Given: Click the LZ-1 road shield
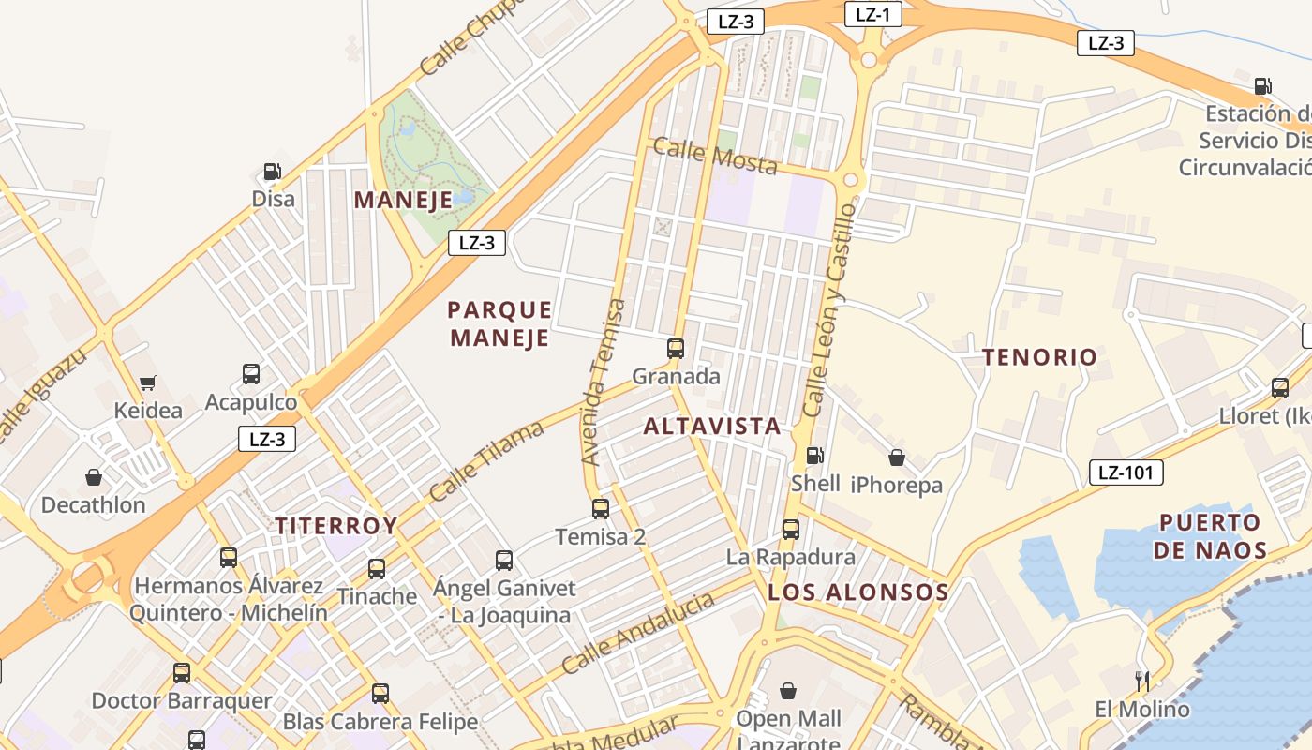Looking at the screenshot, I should pyautogui.click(x=872, y=14).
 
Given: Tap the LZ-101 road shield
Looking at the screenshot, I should pyautogui.click(x=1126, y=472).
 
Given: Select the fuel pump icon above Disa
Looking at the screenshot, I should pyautogui.click(x=272, y=172).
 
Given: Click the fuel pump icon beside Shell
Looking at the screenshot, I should pyautogui.click(x=814, y=456).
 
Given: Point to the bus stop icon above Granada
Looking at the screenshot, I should pyautogui.click(x=675, y=349).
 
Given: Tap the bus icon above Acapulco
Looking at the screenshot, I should pyautogui.click(x=251, y=374).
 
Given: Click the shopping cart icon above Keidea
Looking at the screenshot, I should pyautogui.click(x=147, y=382).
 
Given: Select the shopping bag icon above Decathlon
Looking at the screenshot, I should pyautogui.click(x=94, y=477).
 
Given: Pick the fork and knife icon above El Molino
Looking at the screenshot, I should pyautogui.click(x=1141, y=681).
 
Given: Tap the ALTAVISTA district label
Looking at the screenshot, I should pyautogui.click(x=712, y=427).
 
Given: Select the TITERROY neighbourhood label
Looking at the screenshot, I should pyautogui.click(x=335, y=526).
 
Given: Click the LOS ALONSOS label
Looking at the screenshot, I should pyautogui.click(x=857, y=592).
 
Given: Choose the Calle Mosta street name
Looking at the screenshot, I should pyautogui.click(x=715, y=156).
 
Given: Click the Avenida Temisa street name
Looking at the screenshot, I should pyautogui.click(x=603, y=382).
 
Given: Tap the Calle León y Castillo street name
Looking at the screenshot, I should pyautogui.click(x=829, y=309).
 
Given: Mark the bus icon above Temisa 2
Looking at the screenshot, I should pyautogui.click(x=600, y=509).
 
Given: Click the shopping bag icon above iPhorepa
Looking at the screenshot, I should pyautogui.click(x=896, y=457).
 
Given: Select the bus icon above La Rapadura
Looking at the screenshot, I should pyautogui.click(x=790, y=529).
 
